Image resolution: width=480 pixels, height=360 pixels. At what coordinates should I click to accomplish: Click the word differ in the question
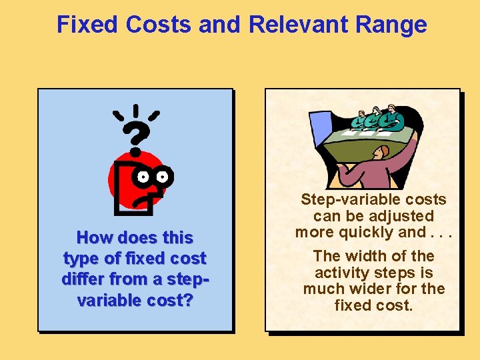89,279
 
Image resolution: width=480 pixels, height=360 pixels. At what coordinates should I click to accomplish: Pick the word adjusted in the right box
397,216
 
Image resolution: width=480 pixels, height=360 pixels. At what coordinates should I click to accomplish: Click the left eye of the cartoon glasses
143,177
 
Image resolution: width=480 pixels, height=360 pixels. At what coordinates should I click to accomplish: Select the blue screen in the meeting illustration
321,131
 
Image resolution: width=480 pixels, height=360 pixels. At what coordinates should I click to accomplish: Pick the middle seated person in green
375,118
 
